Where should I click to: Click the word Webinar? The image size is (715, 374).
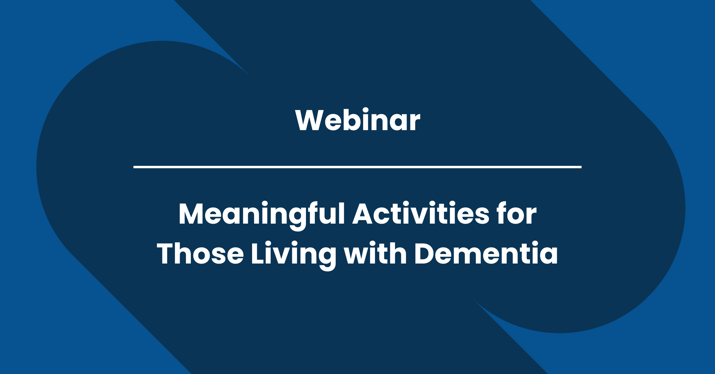coord(357,120)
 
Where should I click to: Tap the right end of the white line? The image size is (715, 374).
coord(580,167)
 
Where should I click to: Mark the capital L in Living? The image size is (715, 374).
coord(257,254)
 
